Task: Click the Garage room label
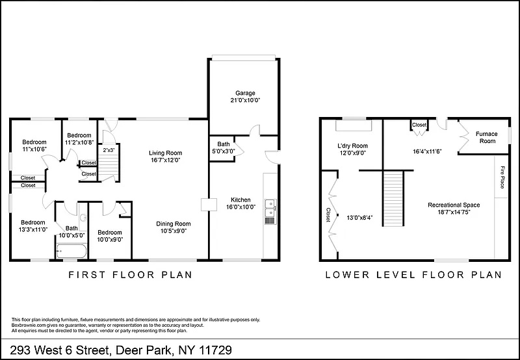pyautogui.click(x=245, y=93)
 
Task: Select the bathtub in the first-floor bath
pyautogui.click(x=71, y=251)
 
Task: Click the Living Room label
pyautogui.click(x=165, y=153)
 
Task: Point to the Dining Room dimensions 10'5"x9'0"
pyautogui.click(x=174, y=231)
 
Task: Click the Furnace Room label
pyautogui.click(x=487, y=137)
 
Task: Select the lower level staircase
pyautogui.click(x=393, y=198)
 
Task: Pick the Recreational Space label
pyautogui.click(x=454, y=205)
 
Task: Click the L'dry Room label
pyautogui.click(x=352, y=146)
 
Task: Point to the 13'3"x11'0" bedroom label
pyautogui.click(x=33, y=225)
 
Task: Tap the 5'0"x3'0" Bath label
pyautogui.click(x=224, y=148)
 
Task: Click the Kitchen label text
pyautogui.click(x=240, y=199)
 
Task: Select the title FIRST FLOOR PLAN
pyautogui.click(x=131, y=275)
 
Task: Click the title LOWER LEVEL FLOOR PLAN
pyautogui.click(x=413, y=275)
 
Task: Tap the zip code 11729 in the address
pyautogui.click(x=215, y=350)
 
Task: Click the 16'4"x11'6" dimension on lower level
pyautogui.click(x=427, y=151)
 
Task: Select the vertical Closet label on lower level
pyautogui.click(x=328, y=215)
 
